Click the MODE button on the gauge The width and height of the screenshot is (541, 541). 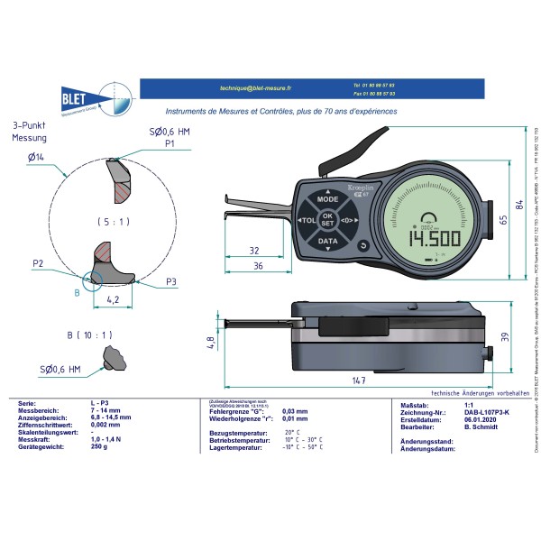[327, 198]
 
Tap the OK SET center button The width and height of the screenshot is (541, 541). [327, 220]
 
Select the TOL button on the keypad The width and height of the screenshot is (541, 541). [307, 220]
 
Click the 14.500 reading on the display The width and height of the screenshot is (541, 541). [434, 239]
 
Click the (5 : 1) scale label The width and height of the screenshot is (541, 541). [111, 222]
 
